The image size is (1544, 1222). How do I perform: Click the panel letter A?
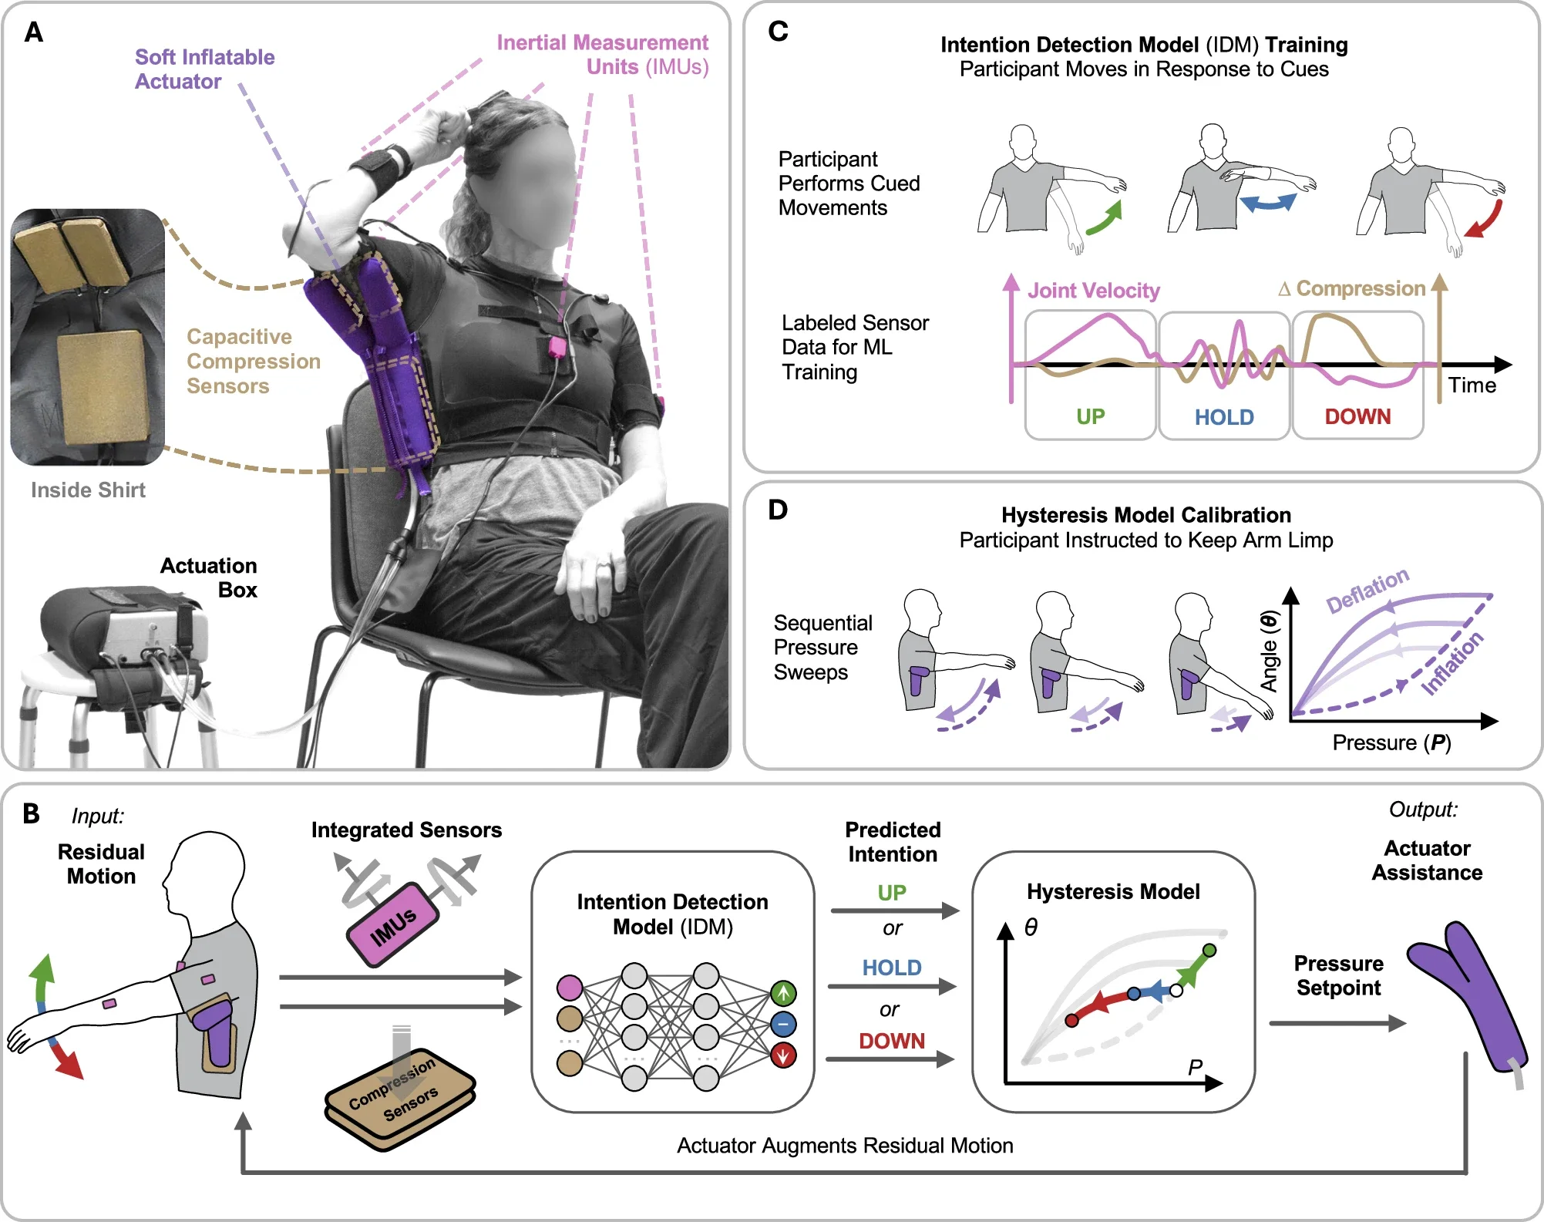tap(33, 32)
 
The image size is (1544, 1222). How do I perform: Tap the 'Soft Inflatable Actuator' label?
tap(204, 69)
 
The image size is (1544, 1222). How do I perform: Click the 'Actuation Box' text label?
tap(209, 577)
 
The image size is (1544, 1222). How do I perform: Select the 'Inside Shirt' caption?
tap(88, 490)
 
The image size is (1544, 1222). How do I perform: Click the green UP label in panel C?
tap(1090, 417)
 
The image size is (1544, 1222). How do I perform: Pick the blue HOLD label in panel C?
tap(1223, 417)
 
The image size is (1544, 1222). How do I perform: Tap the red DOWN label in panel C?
tap(1357, 417)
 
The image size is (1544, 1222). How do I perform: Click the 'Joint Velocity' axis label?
tap(1093, 291)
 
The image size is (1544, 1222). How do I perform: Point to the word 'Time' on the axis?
tap(1472, 385)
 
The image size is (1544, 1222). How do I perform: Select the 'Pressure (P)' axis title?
tap(1391, 742)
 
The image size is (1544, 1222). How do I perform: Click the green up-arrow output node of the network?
tap(783, 993)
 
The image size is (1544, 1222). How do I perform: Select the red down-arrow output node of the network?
tap(783, 1055)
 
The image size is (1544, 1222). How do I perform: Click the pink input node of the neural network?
tap(570, 988)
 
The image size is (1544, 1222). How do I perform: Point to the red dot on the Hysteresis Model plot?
tap(1071, 1021)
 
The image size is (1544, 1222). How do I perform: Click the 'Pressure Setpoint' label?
tap(1338, 975)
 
